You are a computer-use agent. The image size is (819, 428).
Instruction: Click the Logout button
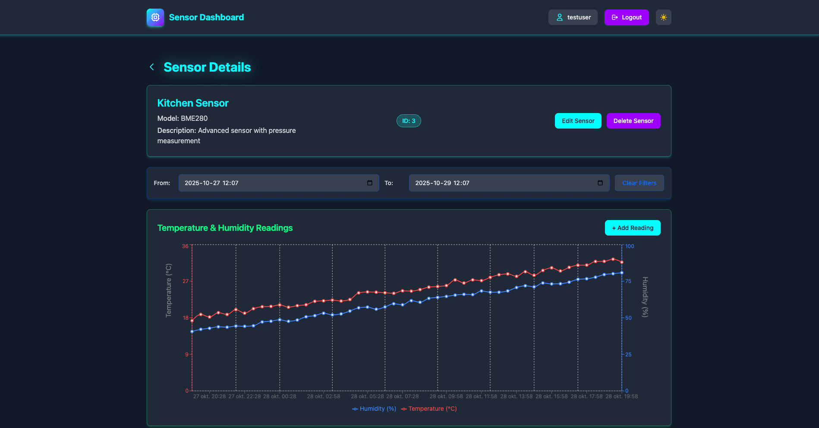point(626,17)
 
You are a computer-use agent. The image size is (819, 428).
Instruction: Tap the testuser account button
point(573,17)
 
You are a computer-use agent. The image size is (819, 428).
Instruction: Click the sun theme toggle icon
point(663,17)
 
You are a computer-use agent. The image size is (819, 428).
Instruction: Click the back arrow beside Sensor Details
point(152,67)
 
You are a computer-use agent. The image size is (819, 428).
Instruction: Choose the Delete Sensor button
point(633,121)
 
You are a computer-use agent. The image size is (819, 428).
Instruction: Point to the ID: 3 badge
point(408,121)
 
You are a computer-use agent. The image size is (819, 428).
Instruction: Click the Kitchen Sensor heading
point(193,103)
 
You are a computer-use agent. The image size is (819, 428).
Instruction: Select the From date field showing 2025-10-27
point(272,183)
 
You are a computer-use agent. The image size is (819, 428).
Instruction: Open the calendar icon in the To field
point(600,183)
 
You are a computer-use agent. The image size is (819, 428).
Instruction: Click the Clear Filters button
point(639,183)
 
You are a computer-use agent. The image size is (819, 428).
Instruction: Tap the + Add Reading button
point(632,228)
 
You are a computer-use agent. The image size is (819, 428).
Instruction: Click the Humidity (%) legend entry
point(374,409)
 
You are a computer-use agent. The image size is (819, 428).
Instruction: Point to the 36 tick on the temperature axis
point(185,246)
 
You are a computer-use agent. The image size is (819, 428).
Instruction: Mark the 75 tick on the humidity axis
point(628,281)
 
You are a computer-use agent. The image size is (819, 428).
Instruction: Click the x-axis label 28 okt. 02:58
point(323,397)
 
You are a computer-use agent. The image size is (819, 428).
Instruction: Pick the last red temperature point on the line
point(622,262)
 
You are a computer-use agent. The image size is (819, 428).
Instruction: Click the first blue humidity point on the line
point(192,331)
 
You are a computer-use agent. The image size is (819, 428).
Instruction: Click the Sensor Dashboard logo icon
point(155,17)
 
